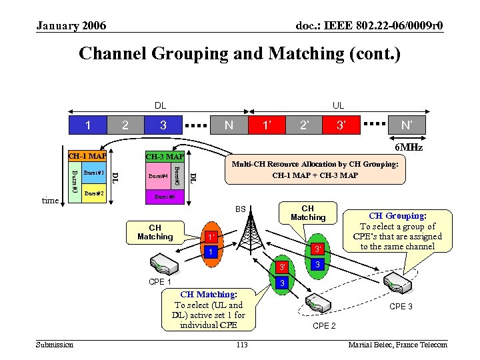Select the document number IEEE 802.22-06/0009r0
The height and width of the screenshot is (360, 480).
(369, 26)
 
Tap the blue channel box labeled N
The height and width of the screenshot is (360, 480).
(229, 124)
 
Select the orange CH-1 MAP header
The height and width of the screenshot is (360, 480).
(87, 156)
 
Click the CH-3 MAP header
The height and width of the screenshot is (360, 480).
(165, 157)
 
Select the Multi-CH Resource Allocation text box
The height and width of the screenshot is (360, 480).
(315, 169)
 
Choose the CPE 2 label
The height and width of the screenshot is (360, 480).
(324, 325)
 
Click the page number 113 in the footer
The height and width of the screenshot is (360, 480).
(241, 345)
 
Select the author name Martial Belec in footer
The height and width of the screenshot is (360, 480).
(397, 345)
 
